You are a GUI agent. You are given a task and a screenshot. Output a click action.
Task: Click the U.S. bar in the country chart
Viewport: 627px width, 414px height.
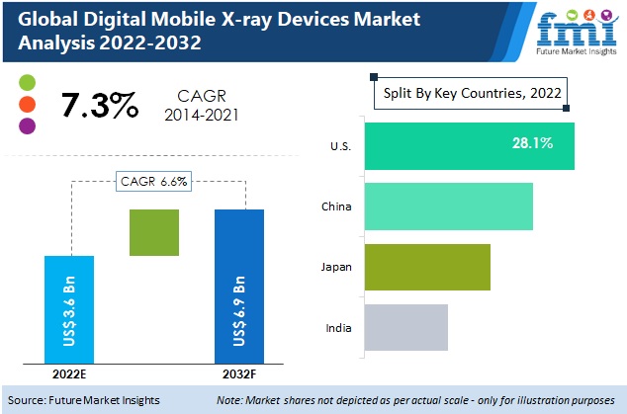tap(469, 145)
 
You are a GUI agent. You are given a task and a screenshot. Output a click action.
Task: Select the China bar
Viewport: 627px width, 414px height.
tap(448, 207)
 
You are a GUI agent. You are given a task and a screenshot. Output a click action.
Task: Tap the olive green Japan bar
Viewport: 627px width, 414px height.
tap(426, 267)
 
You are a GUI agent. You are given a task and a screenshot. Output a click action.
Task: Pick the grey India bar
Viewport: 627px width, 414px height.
tap(405, 327)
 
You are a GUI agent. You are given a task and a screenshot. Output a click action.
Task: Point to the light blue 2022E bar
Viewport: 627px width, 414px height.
tap(69, 309)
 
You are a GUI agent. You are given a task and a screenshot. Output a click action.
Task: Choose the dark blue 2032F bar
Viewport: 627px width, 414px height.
tap(240, 286)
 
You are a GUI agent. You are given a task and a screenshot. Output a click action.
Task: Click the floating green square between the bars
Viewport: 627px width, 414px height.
tap(154, 233)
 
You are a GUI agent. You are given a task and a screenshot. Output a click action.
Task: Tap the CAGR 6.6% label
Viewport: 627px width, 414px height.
tap(154, 181)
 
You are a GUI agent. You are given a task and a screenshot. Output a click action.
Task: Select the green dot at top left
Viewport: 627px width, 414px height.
tap(27, 81)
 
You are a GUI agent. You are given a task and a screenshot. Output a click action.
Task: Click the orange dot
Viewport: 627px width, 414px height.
tap(27, 104)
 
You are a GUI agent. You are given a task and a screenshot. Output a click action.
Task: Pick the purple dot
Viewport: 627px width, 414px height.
tap(27, 125)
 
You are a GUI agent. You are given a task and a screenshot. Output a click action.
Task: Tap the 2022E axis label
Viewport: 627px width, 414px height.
tap(69, 374)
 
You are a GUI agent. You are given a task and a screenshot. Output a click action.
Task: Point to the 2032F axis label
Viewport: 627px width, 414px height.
tap(240, 374)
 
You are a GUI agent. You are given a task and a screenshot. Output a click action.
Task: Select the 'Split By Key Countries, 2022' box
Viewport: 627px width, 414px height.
tap(471, 94)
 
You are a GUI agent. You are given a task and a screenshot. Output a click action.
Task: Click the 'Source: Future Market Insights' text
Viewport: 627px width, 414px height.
tap(90, 400)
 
